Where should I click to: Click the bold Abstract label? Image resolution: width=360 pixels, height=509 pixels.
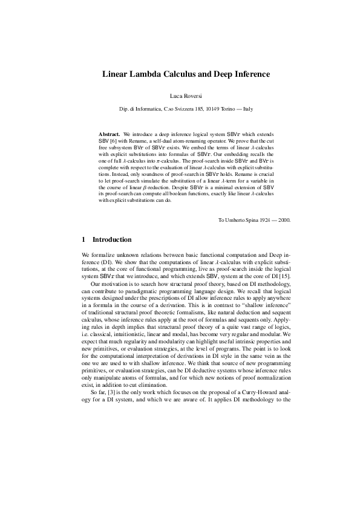click(109, 133)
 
